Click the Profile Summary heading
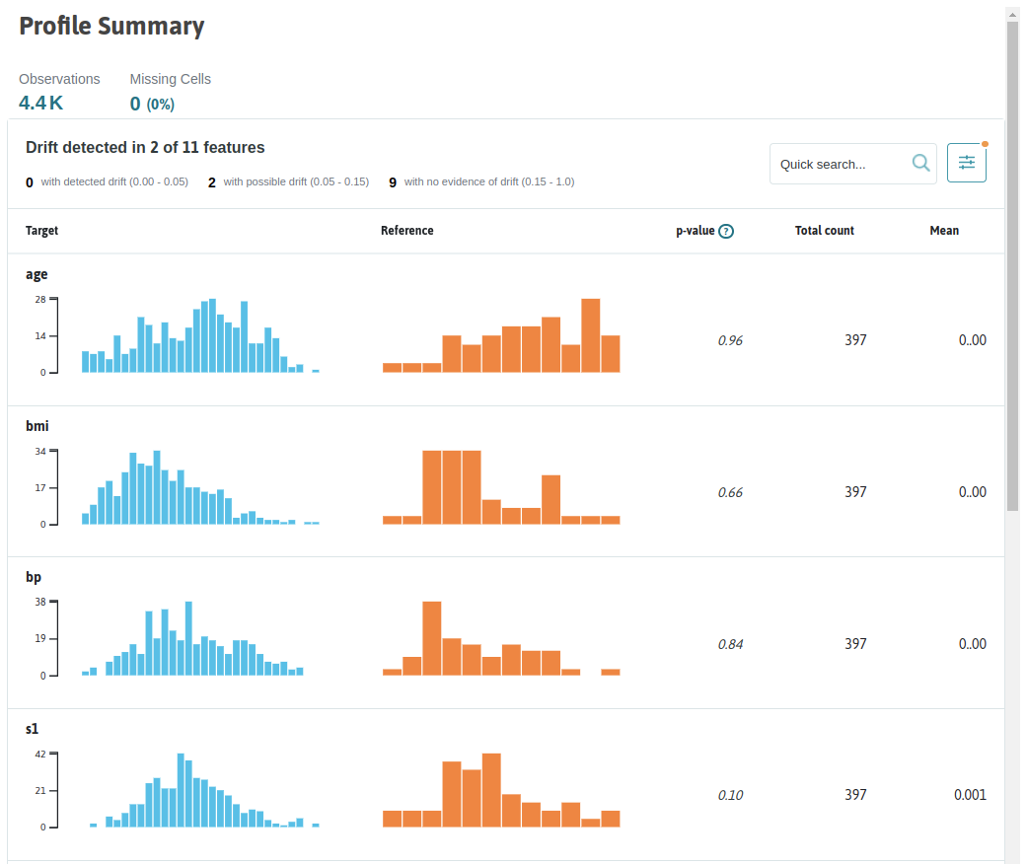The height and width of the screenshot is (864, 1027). [111, 27]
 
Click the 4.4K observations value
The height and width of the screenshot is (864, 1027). [40, 103]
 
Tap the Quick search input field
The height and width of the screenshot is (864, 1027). [841, 164]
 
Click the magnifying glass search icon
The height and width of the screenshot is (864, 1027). [920, 163]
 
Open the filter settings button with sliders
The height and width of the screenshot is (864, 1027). [967, 163]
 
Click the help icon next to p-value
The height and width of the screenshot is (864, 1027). [726, 231]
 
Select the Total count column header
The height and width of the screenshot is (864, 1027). [824, 231]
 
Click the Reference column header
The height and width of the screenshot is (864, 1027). [406, 231]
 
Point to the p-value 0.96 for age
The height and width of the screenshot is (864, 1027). [730, 340]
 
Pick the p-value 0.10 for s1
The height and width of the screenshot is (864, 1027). [730, 795]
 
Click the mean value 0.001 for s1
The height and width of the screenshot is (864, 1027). [970, 795]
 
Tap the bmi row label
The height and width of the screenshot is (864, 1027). [37, 426]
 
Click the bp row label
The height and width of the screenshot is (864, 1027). [34, 577]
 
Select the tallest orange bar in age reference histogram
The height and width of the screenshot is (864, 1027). [591, 335]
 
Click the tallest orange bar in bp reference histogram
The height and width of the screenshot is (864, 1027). [432, 638]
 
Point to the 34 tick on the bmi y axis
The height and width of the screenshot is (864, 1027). [40, 452]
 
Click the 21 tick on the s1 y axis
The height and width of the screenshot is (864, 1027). [40, 791]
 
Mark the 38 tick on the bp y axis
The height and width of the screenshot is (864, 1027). [40, 602]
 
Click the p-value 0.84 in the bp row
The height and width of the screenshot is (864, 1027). [730, 645]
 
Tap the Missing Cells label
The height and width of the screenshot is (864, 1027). [171, 79]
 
